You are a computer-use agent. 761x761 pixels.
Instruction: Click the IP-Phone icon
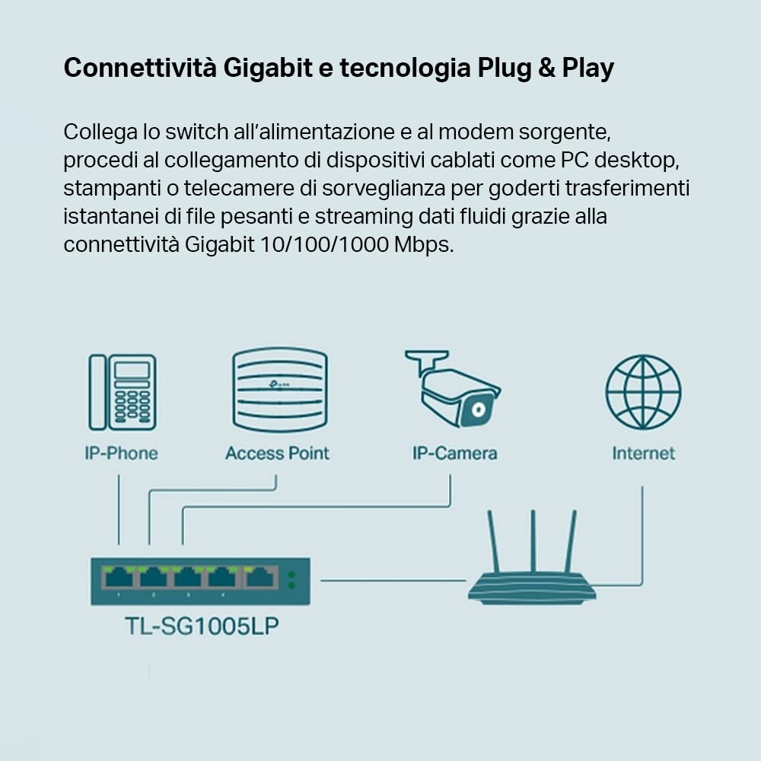[123, 392]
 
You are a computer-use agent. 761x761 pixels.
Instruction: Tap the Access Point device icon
[279, 390]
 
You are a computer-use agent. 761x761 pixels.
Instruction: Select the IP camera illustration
[453, 388]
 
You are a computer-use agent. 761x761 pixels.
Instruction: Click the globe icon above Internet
[643, 393]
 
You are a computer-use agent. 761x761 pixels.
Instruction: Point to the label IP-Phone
[121, 454]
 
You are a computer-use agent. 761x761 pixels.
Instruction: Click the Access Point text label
[277, 454]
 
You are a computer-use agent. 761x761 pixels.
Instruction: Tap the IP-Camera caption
[454, 454]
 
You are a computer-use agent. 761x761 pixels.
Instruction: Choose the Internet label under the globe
[643, 454]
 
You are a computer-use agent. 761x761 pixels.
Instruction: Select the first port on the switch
[119, 578]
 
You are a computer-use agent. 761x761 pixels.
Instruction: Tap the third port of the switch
[188, 578]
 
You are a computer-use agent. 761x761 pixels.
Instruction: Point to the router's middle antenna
[533, 540]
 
